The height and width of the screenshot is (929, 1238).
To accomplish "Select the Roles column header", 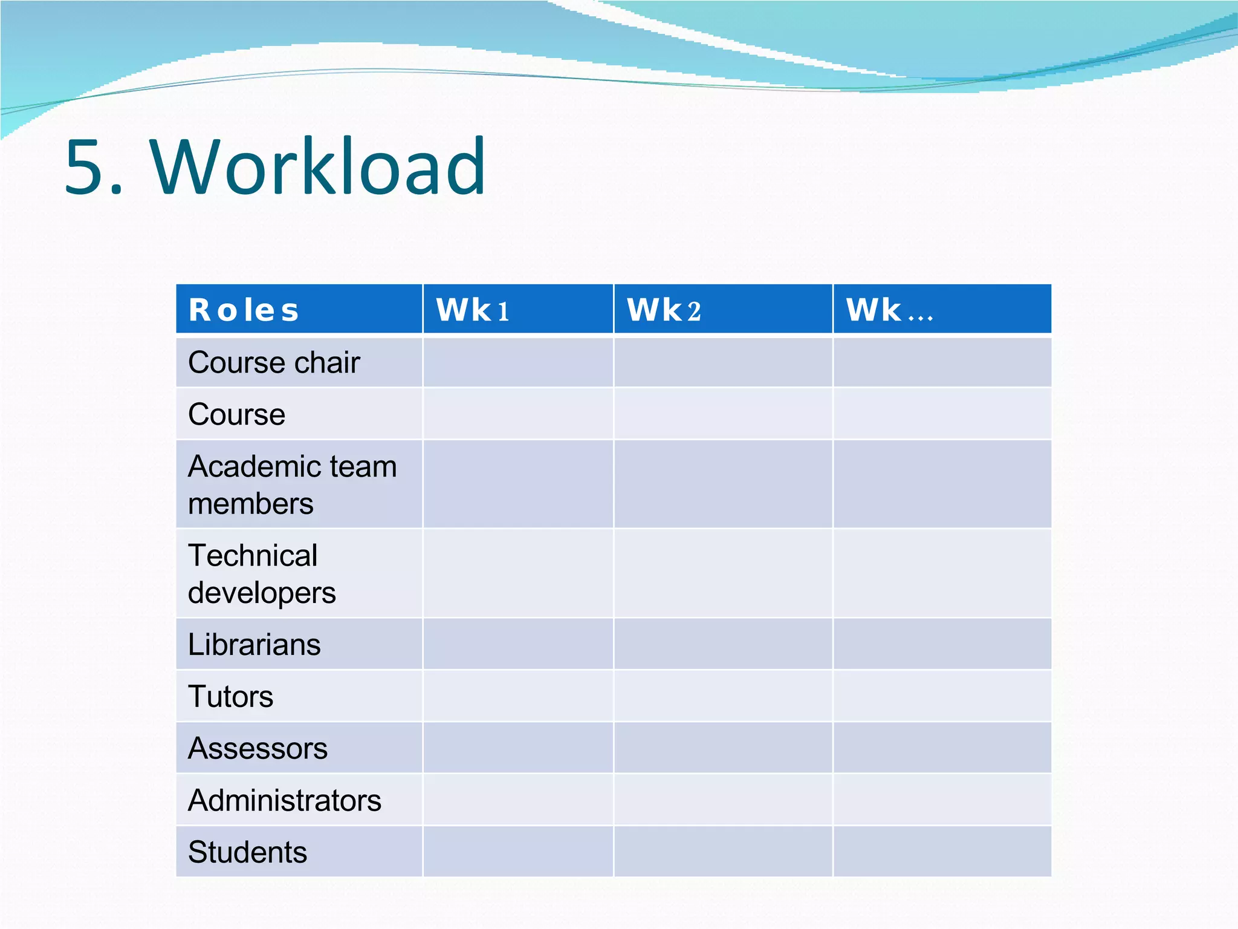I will point(244,310).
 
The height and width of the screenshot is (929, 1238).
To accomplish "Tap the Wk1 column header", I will point(473,310).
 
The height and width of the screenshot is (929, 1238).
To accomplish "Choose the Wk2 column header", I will point(664,310).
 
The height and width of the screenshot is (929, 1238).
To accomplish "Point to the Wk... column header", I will point(889,310).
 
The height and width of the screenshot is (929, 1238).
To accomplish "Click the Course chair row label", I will point(274,363).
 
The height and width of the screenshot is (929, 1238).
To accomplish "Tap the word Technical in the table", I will point(253,555).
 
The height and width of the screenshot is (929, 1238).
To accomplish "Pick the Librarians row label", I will point(254,645).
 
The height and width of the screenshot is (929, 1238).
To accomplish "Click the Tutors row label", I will point(230,697).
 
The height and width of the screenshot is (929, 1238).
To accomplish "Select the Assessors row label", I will point(258,749).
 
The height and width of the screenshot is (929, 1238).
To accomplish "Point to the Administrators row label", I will point(285,801).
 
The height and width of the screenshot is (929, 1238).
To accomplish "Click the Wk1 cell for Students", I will point(518,852).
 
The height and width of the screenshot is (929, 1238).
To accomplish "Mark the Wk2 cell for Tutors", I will point(723,696).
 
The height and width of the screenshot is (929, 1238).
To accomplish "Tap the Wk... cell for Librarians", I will point(942,644).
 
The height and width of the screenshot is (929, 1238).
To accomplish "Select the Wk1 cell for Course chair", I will point(518,362).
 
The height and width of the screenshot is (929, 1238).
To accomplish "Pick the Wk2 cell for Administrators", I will point(723,800).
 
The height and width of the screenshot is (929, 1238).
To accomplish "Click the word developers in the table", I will point(262,593).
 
